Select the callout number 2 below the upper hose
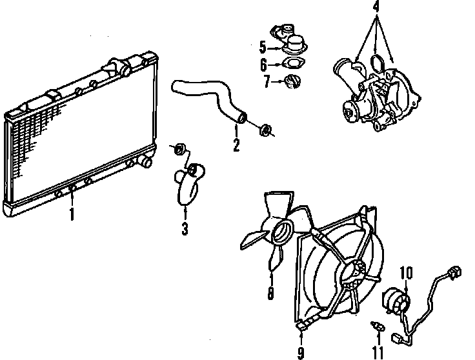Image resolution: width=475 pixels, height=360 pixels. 236,146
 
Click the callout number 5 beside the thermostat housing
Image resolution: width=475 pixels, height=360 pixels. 262,47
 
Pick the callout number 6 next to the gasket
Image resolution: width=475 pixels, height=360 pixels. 262,65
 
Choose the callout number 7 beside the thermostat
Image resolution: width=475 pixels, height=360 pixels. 266,81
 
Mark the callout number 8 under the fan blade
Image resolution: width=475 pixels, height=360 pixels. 270,294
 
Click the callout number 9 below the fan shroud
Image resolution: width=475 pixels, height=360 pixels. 300,353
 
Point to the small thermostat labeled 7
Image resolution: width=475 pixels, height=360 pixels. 291,82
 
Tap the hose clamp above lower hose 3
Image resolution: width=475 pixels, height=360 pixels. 181,150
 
